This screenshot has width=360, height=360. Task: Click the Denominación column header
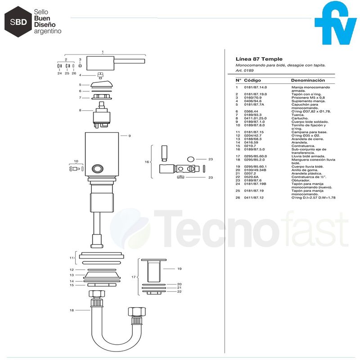click(308, 80)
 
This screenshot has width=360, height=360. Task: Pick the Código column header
click(252, 80)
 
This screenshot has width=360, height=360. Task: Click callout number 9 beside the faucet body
click(129, 135)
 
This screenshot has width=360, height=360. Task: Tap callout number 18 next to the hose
click(71, 310)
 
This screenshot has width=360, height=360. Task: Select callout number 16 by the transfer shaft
click(146, 162)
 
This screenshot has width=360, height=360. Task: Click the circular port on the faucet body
click(97, 169)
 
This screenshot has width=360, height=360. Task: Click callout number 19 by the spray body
click(179, 269)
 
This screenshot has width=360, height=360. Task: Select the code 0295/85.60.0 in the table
click(255, 156)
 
